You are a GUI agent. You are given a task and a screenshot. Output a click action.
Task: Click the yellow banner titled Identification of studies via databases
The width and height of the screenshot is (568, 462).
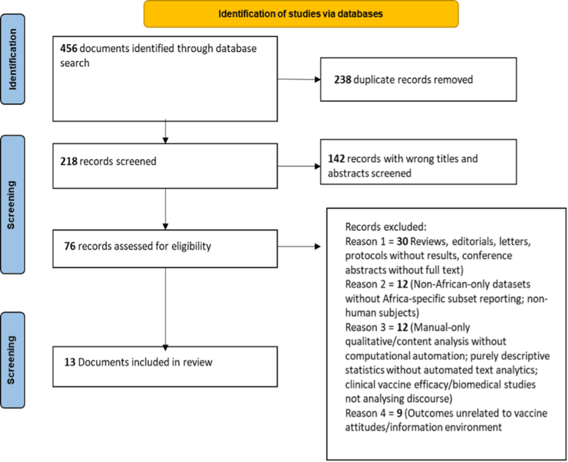[301, 14]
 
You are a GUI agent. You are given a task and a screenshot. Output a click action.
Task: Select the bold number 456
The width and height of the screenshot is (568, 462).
[69, 49]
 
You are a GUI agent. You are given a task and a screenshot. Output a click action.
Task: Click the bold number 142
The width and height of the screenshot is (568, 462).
[336, 158]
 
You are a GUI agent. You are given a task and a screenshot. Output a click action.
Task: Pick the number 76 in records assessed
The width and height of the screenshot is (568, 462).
[70, 247]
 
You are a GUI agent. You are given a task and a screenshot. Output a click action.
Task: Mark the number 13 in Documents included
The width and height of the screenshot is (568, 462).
[70, 362]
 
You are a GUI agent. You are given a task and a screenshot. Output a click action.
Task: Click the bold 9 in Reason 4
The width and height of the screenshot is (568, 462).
[399, 412]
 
